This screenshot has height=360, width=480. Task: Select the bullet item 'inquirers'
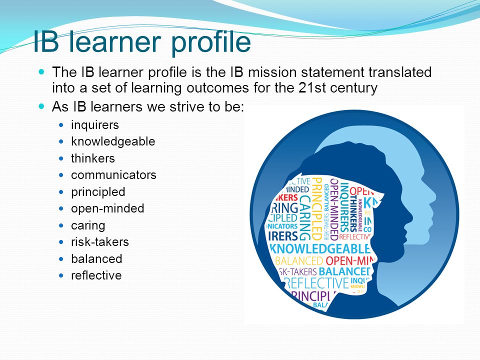(95, 124)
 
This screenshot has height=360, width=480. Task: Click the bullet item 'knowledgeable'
(113, 141)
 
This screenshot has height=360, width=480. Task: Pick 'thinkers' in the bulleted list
(93, 158)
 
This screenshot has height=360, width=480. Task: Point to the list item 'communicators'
(113, 175)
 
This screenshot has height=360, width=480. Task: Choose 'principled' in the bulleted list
(98, 192)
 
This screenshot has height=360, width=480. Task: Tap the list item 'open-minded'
(107, 208)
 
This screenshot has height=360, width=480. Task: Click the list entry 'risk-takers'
(100, 242)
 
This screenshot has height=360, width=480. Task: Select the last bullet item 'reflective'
(96, 275)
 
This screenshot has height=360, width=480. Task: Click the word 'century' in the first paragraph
(354, 88)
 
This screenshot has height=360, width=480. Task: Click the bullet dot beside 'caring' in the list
(61, 225)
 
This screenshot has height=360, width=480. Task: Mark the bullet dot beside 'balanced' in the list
(61, 259)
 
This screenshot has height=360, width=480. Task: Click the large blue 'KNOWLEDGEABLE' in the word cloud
(320, 248)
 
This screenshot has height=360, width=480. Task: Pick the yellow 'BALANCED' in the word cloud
(299, 261)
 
